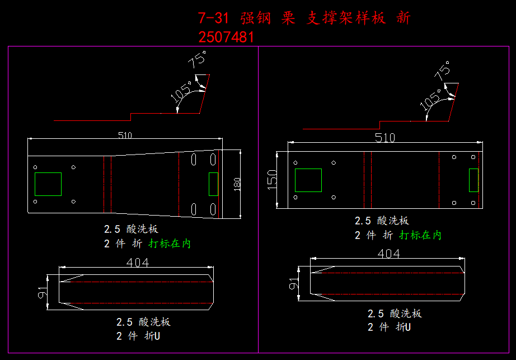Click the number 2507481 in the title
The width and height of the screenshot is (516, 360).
click(226, 37)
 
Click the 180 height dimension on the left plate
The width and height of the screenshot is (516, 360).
click(237, 184)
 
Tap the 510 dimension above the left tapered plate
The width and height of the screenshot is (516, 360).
click(125, 134)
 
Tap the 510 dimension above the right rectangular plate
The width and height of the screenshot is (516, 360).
click(385, 138)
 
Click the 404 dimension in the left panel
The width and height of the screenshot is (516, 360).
click(138, 263)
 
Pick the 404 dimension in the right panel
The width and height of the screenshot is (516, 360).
click(388, 254)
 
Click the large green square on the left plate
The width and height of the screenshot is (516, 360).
click(48, 184)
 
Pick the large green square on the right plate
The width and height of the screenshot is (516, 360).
click(308, 180)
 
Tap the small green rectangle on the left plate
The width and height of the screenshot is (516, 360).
click(213, 184)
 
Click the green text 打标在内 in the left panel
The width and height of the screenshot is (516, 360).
click(170, 244)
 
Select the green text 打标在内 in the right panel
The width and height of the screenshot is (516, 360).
click(420, 235)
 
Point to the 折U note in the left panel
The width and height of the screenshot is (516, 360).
click(152, 336)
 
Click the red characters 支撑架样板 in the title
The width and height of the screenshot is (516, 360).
click(346, 18)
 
